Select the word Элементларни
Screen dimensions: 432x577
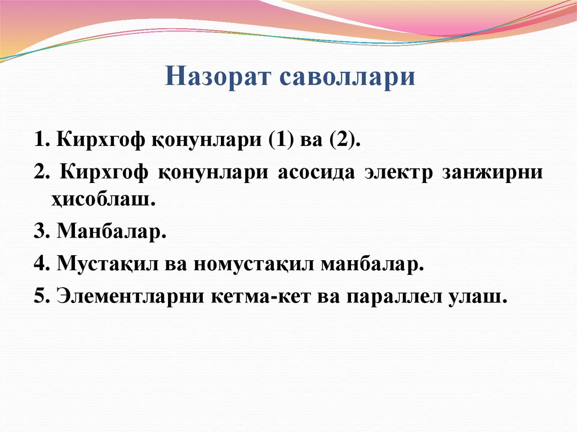coord(131,296)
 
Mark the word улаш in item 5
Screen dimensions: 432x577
coord(485,296)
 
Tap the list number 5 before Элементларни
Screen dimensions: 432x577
coord(40,296)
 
